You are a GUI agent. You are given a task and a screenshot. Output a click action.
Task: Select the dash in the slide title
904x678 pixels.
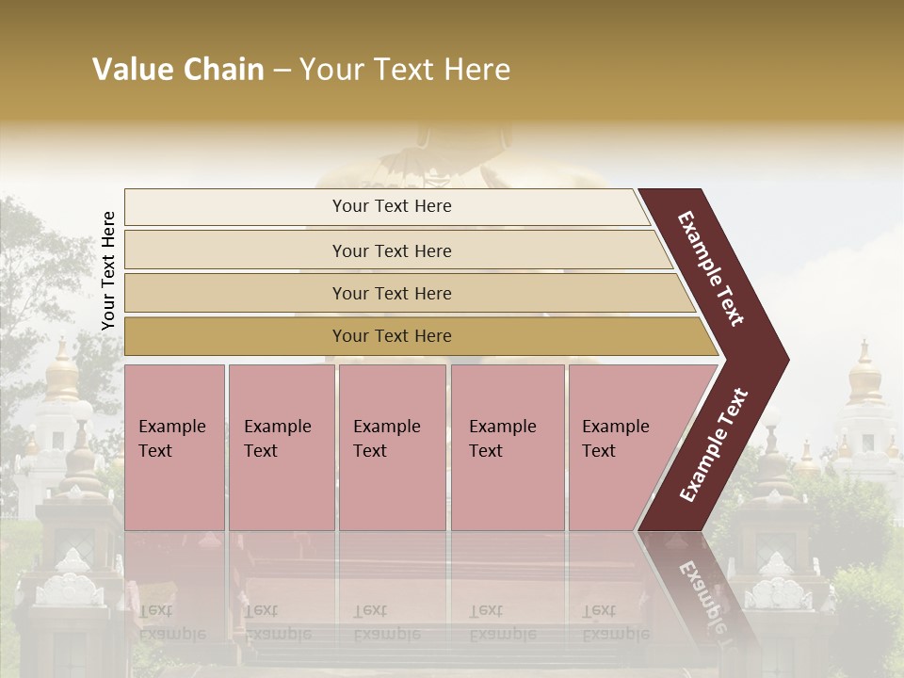point(282,71)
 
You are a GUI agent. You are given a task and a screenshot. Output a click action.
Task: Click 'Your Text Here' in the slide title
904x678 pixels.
point(405,70)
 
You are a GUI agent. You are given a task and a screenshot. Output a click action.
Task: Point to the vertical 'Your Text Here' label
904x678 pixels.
point(108,271)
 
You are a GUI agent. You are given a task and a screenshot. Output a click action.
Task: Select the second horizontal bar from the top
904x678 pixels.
point(391,250)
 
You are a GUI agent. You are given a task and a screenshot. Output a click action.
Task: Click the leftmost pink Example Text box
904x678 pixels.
point(174,447)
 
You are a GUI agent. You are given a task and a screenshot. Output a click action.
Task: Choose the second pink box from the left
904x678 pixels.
point(282,447)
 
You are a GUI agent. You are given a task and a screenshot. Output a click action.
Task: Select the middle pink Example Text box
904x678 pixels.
point(392,447)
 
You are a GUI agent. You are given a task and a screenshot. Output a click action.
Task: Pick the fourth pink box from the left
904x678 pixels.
point(508,447)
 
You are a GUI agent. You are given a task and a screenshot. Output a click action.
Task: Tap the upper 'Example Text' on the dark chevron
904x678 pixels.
point(711,268)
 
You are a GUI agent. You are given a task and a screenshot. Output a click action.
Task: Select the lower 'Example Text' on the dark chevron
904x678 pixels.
point(714,444)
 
